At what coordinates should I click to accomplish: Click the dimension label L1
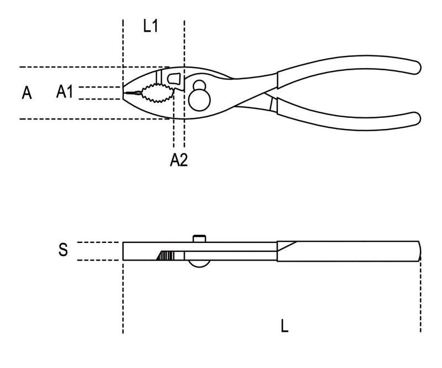(x=150, y=26)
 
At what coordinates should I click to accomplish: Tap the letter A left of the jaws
(x=27, y=93)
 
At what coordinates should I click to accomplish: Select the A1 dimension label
(x=65, y=92)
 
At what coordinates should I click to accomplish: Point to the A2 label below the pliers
(x=178, y=160)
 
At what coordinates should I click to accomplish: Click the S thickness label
(x=64, y=250)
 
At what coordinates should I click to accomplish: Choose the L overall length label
(x=284, y=326)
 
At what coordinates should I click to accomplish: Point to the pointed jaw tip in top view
(x=125, y=93)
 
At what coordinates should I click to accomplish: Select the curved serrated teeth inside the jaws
(x=157, y=94)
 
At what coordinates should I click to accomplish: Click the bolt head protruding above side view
(x=199, y=239)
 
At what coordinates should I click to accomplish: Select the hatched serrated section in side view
(x=166, y=255)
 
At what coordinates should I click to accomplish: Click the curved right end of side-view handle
(x=420, y=251)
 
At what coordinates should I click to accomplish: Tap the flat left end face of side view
(x=124, y=251)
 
